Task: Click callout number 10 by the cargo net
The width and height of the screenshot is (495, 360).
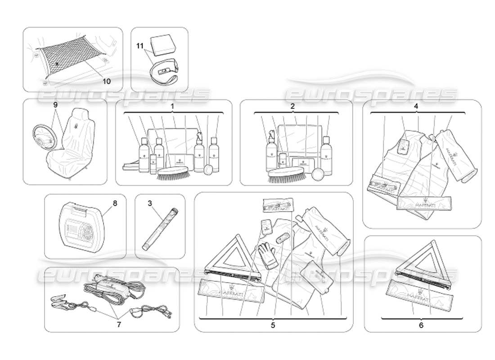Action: [106, 81]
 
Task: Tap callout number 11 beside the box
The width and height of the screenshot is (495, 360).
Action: [139, 45]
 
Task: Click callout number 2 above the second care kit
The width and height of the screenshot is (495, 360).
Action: [292, 107]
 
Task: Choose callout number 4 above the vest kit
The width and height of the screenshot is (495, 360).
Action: [416, 107]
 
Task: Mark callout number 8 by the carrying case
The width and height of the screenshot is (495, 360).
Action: [115, 203]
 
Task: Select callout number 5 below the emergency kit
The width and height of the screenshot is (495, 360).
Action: [273, 324]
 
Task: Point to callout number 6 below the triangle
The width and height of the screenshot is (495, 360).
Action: [421, 324]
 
